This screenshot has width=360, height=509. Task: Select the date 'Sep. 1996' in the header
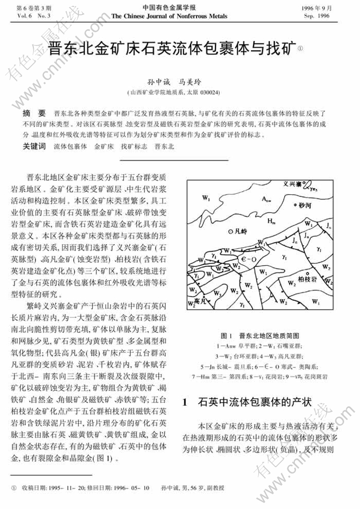tap(317, 16)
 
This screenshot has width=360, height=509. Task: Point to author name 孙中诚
tap(159, 82)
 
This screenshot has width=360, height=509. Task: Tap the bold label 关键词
tap(34, 146)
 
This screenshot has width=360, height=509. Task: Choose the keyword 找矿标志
tap(134, 146)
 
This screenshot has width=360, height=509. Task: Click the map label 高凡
tap(200, 300)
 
